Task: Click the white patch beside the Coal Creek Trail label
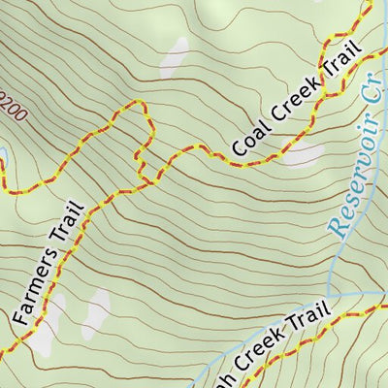(x=303, y=153)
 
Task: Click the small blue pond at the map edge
(x=2, y=155)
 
